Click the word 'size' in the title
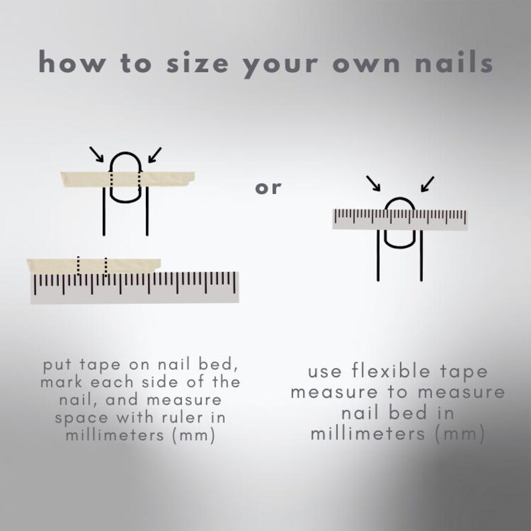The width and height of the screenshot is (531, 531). coord(197,62)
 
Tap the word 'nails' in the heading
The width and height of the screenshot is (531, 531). coord(454,62)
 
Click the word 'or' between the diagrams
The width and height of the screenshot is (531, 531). coord(268,188)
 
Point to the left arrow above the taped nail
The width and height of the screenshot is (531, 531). coord(96,154)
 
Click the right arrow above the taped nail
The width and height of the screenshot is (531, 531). coord(154,155)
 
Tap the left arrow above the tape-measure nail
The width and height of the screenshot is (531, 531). coord(373,183)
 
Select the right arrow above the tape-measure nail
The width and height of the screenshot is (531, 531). coord(427,184)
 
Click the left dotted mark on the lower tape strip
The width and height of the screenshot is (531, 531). coord(78,265)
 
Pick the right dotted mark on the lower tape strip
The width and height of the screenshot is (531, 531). coord(106,266)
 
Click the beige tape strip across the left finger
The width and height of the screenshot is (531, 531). coord(128,179)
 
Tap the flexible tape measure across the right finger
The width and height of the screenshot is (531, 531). coord(400,219)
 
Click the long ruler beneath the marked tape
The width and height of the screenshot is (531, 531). coord(135,287)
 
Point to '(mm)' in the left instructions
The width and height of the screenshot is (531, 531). coord(194,435)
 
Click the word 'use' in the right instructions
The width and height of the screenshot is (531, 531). coord(325,373)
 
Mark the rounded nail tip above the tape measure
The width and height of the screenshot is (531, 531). coord(400,199)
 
